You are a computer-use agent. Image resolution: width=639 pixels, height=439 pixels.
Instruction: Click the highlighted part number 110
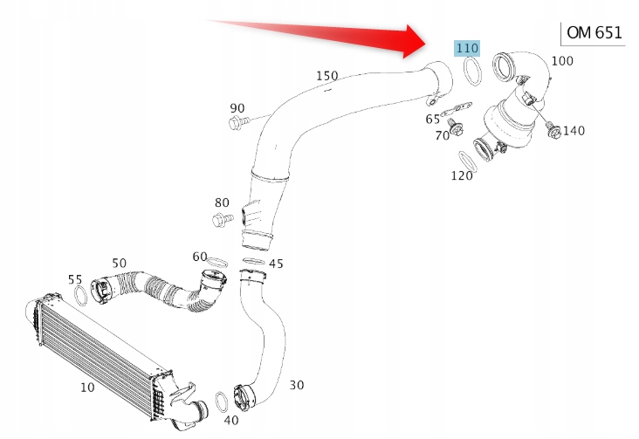pyautogui.click(x=466, y=48)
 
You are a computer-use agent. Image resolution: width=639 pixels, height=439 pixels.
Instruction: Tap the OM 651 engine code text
pyautogui.click(x=594, y=33)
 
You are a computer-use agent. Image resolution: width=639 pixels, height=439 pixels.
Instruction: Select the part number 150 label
pyautogui.click(x=326, y=76)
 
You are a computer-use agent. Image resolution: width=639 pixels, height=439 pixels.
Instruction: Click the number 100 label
pyautogui.click(x=563, y=61)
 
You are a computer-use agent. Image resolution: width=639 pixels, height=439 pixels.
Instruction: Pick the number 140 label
pyautogui.click(x=574, y=131)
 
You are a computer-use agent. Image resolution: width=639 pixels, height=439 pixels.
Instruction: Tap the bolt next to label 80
pyautogui.click(x=222, y=216)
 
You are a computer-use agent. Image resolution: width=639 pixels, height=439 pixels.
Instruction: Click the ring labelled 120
pyautogui.click(x=469, y=161)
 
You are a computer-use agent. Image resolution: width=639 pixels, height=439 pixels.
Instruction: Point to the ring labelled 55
pyautogui.click(x=79, y=296)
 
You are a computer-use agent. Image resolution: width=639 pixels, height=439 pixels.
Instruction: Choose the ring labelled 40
pyautogui.click(x=223, y=402)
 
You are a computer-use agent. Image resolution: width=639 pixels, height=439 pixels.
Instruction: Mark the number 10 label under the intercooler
pyautogui.click(x=87, y=387)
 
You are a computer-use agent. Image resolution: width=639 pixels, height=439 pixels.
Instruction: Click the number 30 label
pyautogui.click(x=297, y=384)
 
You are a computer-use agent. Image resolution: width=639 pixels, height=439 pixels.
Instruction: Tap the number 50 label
pyautogui.click(x=119, y=263)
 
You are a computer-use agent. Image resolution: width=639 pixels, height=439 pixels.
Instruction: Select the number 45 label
pyautogui.click(x=276, y=264)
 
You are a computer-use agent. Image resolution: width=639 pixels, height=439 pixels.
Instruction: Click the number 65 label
pyautogui.click(x=433, y=120)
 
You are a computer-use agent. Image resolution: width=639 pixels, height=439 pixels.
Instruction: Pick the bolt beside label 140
pyautogui.click(x=551, y=131)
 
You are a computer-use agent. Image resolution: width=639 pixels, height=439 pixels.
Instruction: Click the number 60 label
pyautogui.click(x=200, y=257)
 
